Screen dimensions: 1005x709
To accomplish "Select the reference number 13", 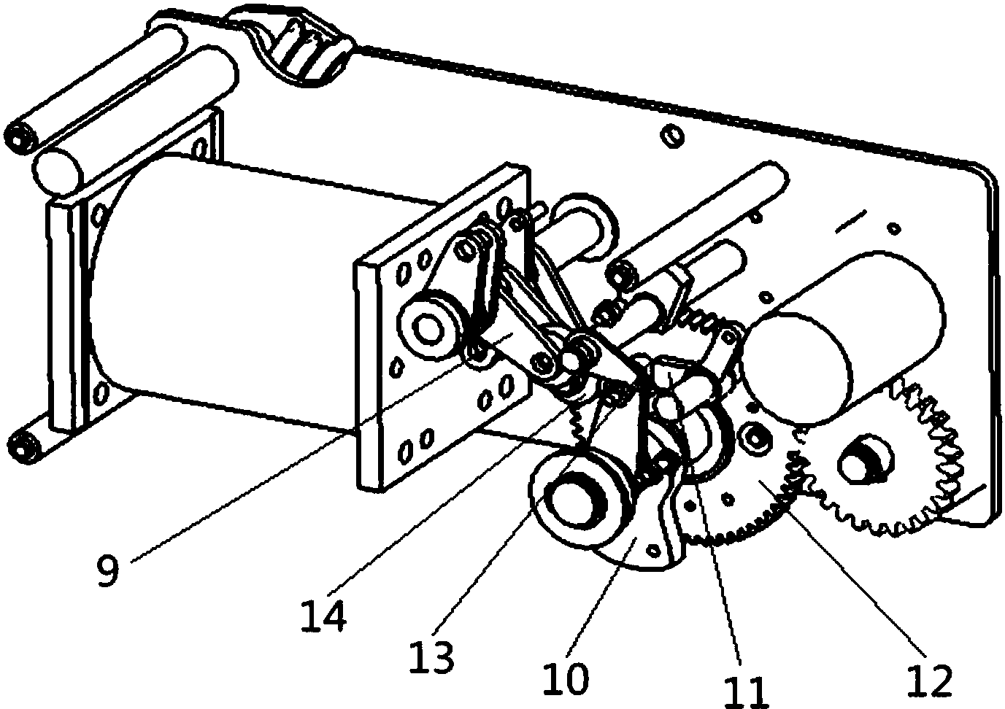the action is (431, 657).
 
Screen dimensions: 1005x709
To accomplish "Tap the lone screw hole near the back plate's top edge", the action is (673, 136).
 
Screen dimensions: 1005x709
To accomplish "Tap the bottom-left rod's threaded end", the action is (23, 449).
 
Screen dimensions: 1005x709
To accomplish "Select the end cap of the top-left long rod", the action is (19, 140).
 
